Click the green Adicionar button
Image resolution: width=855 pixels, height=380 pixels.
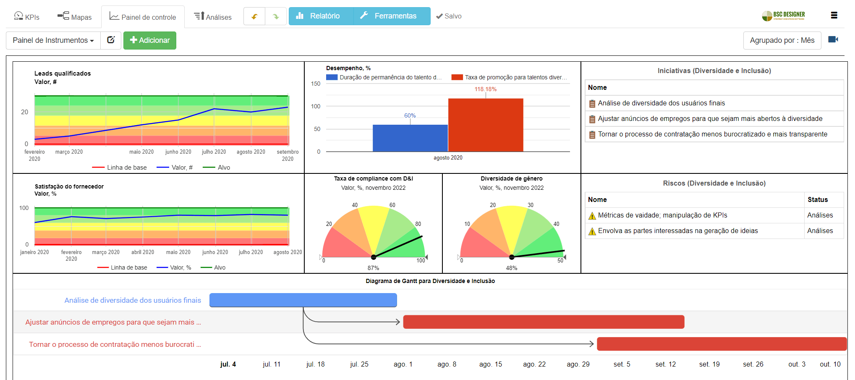(150, 40)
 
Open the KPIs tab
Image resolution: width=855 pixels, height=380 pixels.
(27, 17)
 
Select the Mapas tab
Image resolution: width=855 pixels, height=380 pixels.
(75, 17)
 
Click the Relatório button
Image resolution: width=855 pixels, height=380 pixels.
(321, 16)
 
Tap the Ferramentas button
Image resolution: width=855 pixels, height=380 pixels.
(391, 16)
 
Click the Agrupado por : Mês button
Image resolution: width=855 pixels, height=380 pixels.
(782, 40)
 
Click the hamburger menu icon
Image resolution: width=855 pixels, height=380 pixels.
(834, 16)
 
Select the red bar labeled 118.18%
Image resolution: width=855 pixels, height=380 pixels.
(486, 125)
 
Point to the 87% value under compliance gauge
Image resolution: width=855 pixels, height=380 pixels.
(373, 268)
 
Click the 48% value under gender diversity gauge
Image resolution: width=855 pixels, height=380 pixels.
(511, 268)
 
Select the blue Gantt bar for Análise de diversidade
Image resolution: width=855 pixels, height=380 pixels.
(303, 300)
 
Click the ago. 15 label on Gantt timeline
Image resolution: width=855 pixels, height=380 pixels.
(490, 364)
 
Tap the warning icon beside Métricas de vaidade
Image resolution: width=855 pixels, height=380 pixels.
(592, 216)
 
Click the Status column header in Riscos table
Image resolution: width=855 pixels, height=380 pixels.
(817, 199)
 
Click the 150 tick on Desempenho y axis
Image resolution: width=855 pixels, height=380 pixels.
(316, 84)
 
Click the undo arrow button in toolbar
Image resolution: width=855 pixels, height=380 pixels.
(254, 16)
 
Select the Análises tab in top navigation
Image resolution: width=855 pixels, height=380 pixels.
(213, 17)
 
